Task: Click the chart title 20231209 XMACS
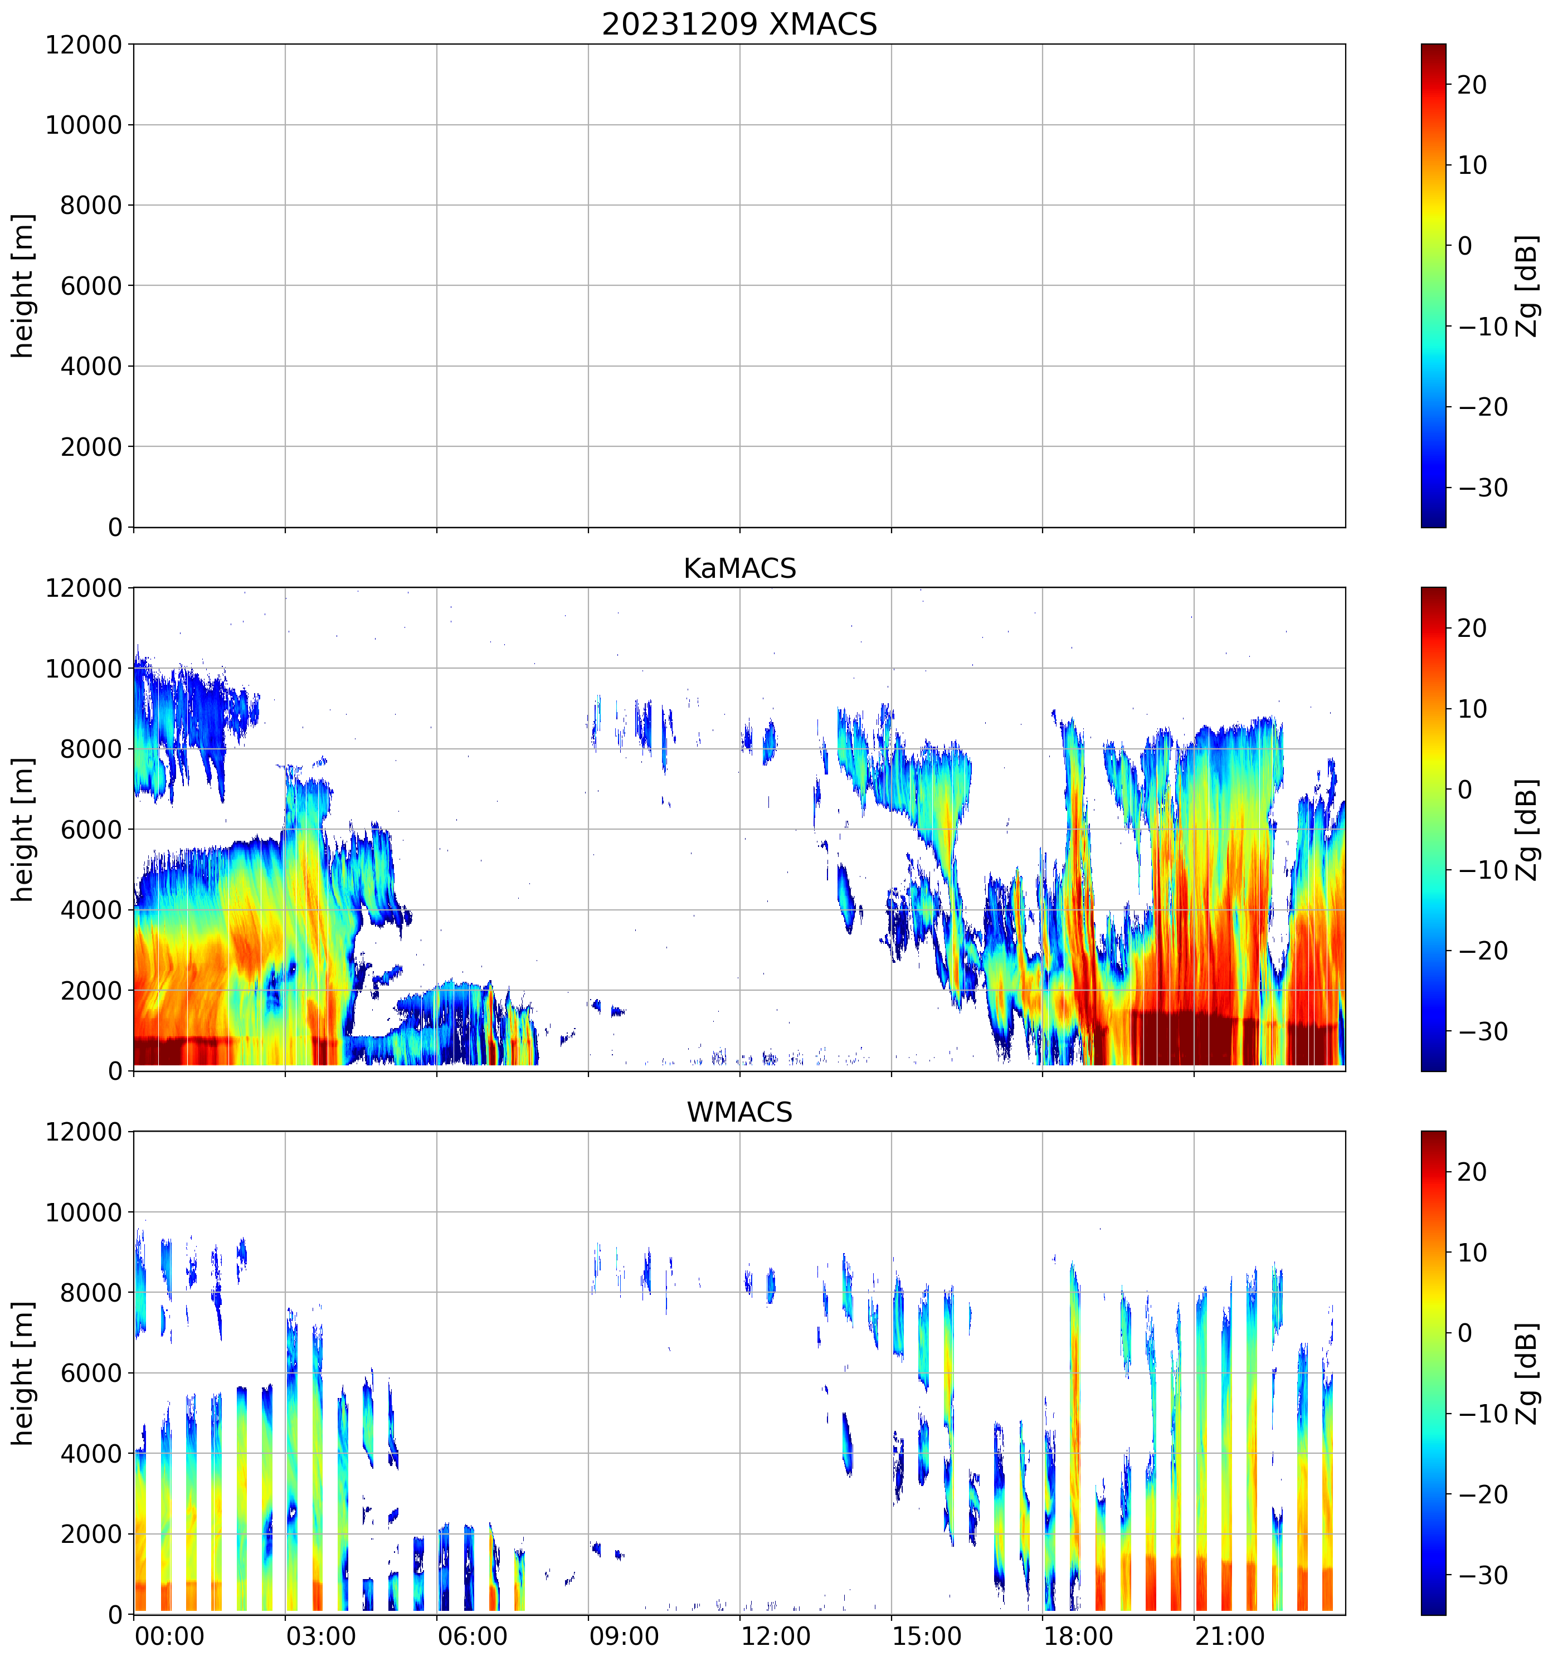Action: [739, 24]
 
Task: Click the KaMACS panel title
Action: [739, 568]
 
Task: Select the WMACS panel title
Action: [739, 1112]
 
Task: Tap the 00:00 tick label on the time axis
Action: [169, 1635]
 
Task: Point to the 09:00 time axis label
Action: [624, 1635]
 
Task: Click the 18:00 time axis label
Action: [1078, 1635]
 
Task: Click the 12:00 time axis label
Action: [775, 1635]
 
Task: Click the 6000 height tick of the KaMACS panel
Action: [91, 830]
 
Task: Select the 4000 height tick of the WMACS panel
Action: [91, 1454]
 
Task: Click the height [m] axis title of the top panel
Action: [23, 286]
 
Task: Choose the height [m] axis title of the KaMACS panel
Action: [23, 830]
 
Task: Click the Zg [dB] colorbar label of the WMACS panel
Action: [1526, 1373]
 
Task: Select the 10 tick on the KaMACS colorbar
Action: [1472, 709]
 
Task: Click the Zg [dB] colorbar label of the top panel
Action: [1526, 286]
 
